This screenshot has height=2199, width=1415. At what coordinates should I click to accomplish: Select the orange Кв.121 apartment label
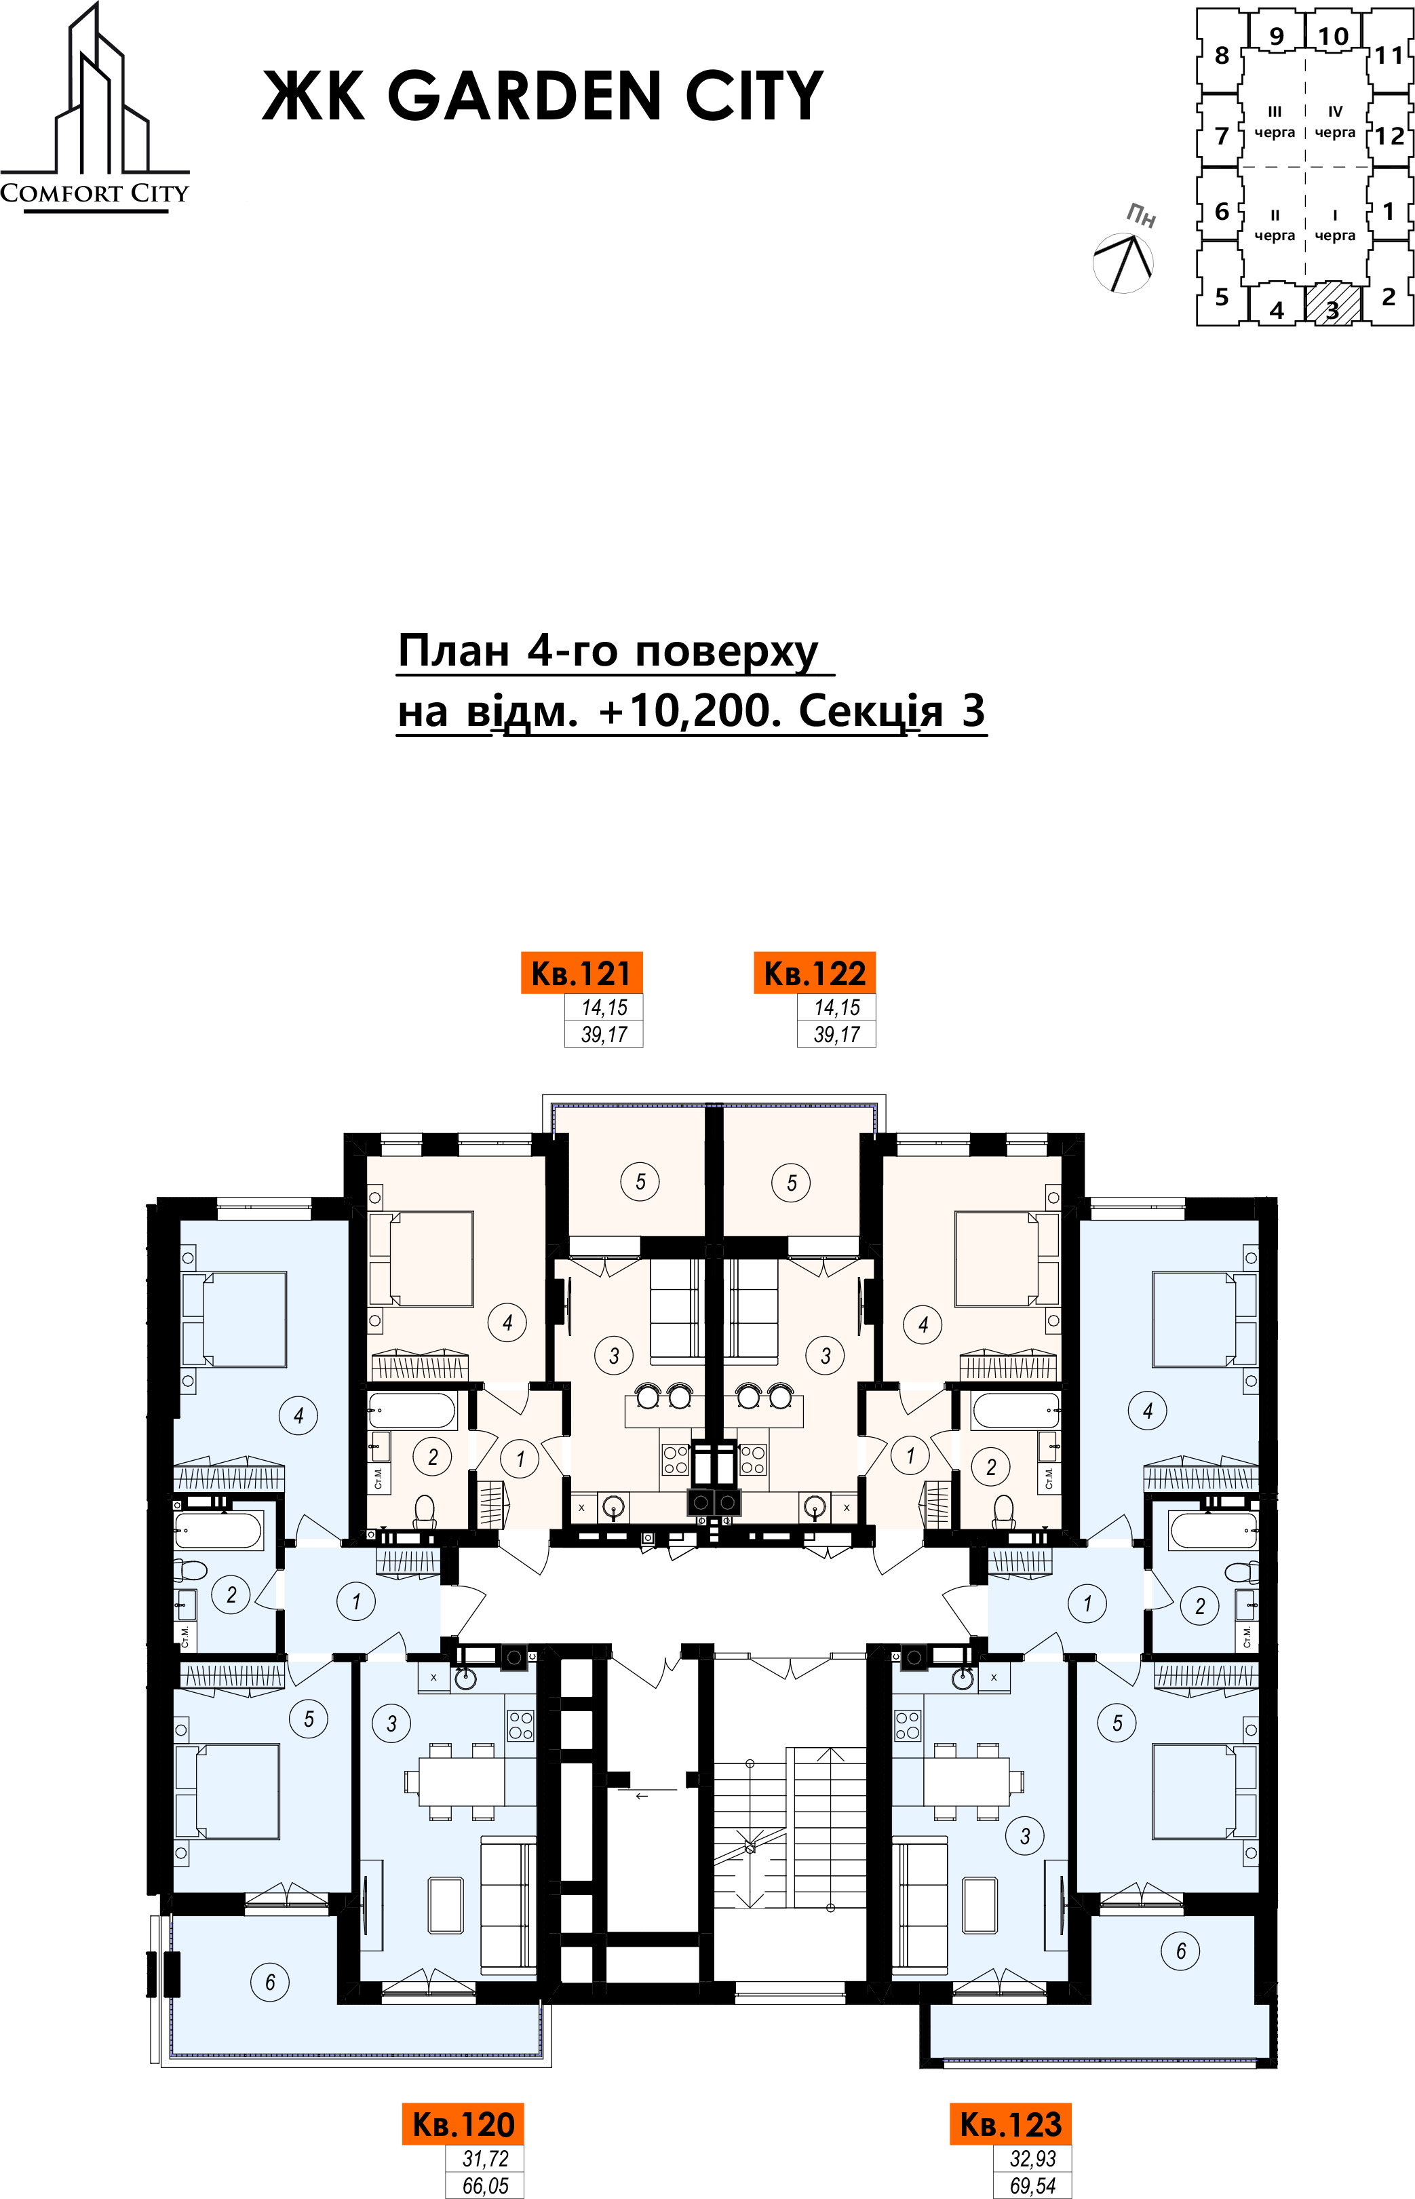tap(581, 972)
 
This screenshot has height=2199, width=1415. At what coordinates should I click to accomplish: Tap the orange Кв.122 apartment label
tap(814, 972)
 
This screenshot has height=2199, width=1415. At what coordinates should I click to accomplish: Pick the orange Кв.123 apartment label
tap(1011, 2124)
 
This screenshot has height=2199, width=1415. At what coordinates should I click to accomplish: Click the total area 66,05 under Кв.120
tap(485, 2185)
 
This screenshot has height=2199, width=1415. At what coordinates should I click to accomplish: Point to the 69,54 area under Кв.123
tap(1033, 2185)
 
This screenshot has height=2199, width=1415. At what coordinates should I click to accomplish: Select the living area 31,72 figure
tap(485, 2158)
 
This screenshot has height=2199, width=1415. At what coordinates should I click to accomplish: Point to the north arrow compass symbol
tap(1123, 263)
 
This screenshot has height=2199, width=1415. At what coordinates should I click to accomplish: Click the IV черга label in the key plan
tap(1335, 121)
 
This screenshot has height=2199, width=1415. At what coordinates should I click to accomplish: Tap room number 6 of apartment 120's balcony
tap(270, 1982)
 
